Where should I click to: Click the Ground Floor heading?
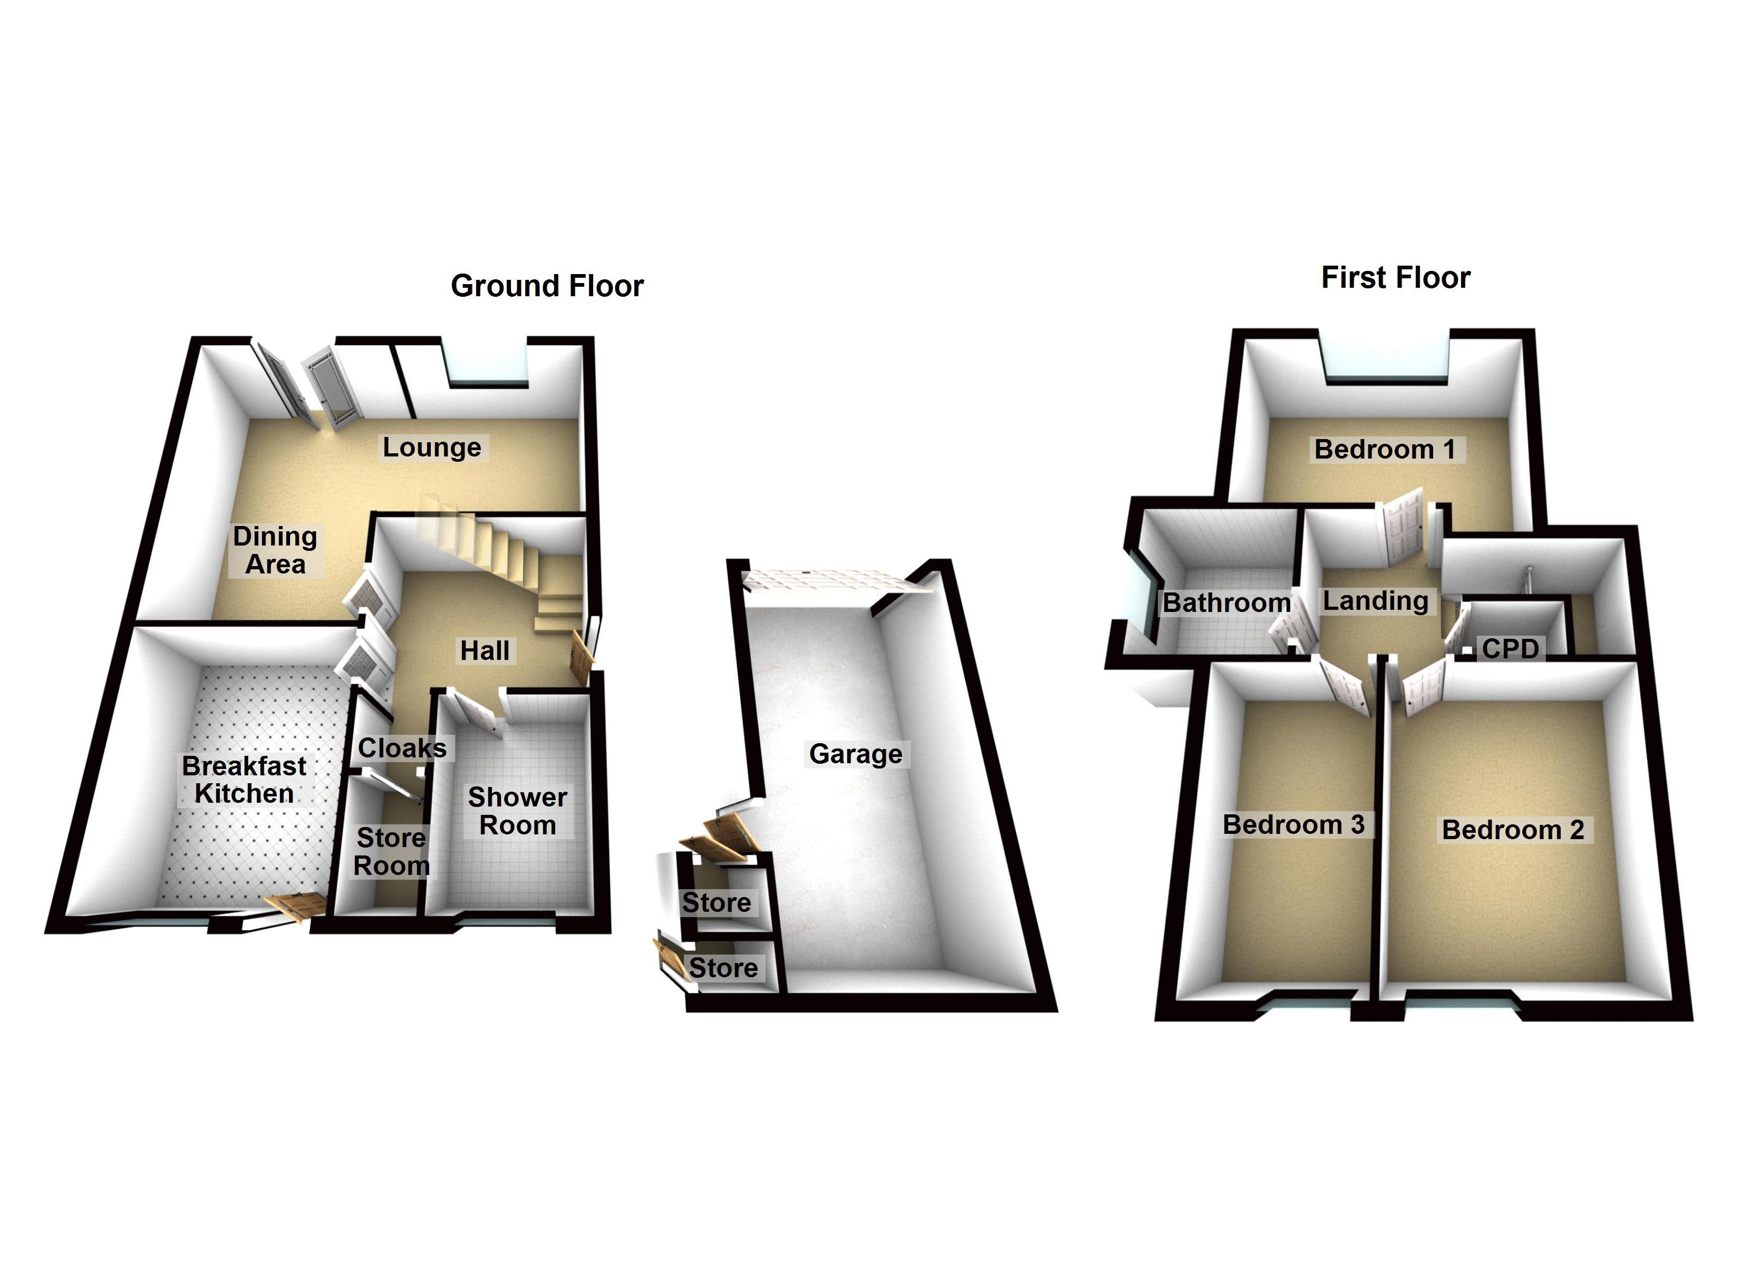point(547,286)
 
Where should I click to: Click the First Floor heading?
point(1396,278)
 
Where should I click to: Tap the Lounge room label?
point(432,447)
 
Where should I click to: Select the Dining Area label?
point(275,550)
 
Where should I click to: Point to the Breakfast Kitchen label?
point(244,780)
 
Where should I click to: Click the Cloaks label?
point(402,748)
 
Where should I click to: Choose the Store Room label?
point(391,852)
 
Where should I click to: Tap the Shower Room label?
point(518,811)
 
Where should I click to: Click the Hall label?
point(484,650)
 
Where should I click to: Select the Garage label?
point(855,754)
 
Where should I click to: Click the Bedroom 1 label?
point(1385,450)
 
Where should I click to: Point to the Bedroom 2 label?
point(1513,830)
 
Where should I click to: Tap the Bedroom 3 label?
point(1293,825)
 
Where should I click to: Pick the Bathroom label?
point(1226,603)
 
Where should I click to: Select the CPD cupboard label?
point(1510,648)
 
